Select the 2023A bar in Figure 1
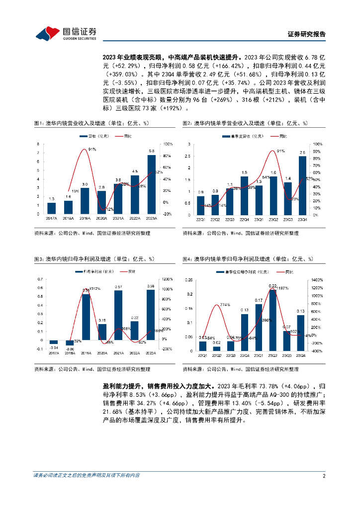click(x=151, y=184)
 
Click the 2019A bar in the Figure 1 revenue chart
click(x=85, y=201)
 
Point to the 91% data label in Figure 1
click(x=92, y=149)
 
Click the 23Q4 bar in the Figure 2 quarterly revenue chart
click(x=302, y=186)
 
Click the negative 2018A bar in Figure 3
click(x=70, y=343)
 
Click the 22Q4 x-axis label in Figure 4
click(x=244, y=355)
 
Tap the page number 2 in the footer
click(x=324, y=475)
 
